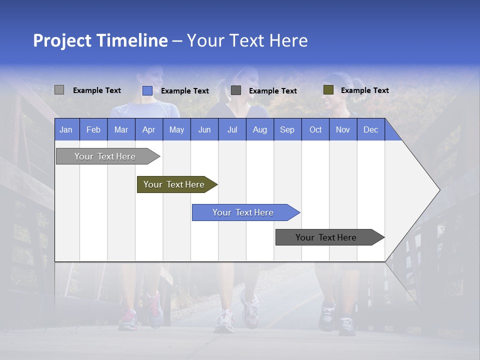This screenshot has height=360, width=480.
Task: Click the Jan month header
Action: [x=66, y=129]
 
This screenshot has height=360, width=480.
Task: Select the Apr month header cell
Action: [x=149, y=129]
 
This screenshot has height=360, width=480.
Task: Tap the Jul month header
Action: [x=232, y=129]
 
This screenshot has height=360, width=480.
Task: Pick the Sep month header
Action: [x=287, y=129]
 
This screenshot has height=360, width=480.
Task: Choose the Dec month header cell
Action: [x=370, y=129]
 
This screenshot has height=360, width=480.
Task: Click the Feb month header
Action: [x=93, y=129]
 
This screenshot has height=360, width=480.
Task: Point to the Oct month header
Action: [x=315, y=129]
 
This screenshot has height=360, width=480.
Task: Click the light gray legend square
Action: [x=59, y=90]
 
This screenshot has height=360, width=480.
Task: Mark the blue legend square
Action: [x=147, y=90]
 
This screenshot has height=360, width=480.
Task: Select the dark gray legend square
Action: [x=236, y=90]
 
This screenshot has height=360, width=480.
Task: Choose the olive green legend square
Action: [x=328, y=90]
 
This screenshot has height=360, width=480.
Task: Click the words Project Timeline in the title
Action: [x=100, y=40]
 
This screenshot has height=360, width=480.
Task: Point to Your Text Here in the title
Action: [x=247, y=40]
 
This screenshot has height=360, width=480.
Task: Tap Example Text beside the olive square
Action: [x=364, y=90]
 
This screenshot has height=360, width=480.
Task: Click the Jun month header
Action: [x=204, y=129]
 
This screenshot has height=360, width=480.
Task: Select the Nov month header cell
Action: [x=343, y=129]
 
